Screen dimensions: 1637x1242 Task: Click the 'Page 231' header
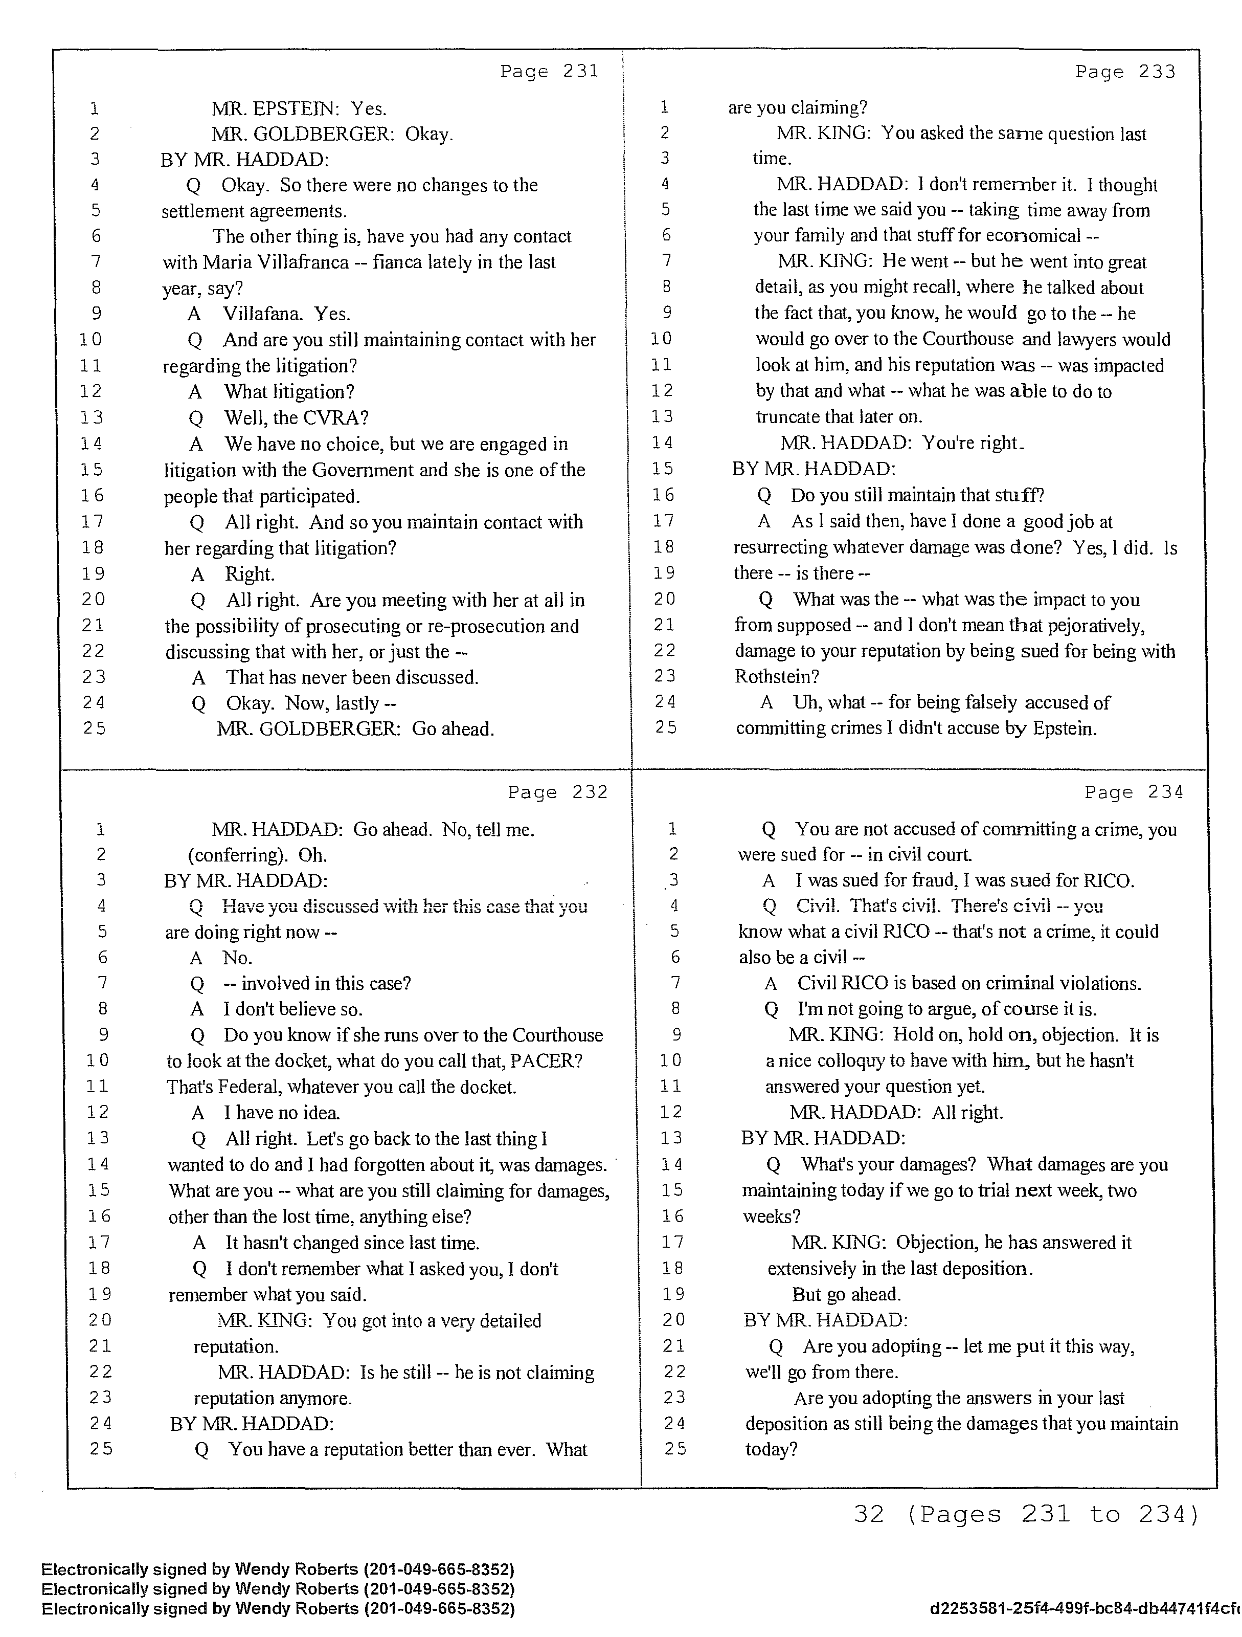click(x=549, y=71)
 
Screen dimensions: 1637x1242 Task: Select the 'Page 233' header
click(x=1124, y=72)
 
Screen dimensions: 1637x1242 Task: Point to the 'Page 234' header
click(x=1133, y=792)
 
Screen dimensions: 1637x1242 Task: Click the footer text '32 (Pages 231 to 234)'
click(x=1026, y=1515)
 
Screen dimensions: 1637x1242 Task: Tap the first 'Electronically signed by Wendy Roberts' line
click(x=278, y=1569)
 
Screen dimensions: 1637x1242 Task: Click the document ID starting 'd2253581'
click(x=1085, y=1609)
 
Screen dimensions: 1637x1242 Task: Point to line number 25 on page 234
click(x=674, y=1449)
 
